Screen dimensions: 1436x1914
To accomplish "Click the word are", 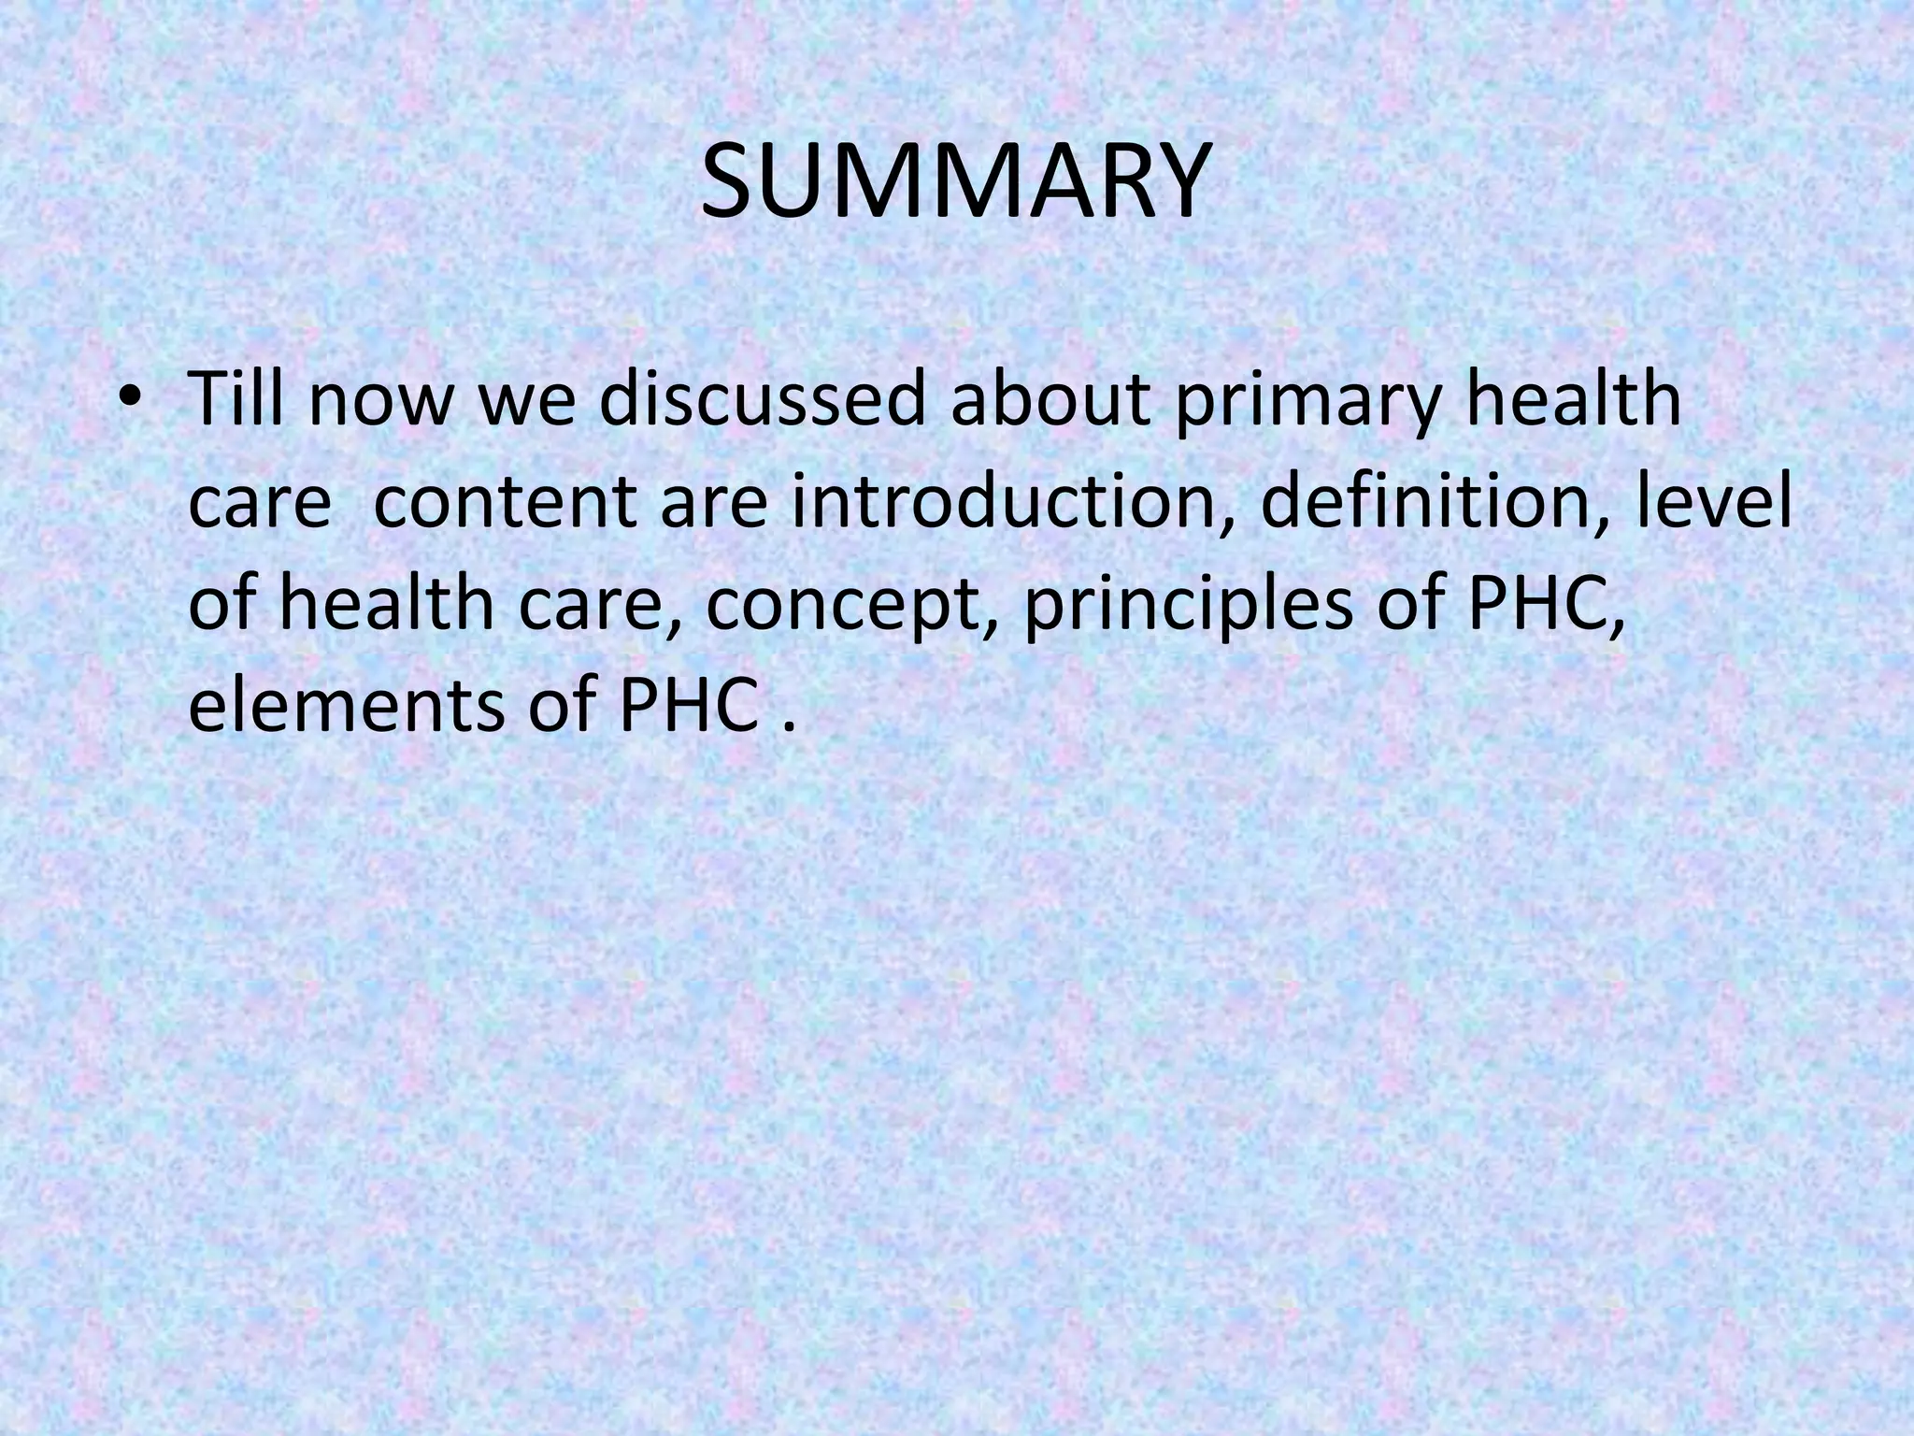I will [x=716, y=507].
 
